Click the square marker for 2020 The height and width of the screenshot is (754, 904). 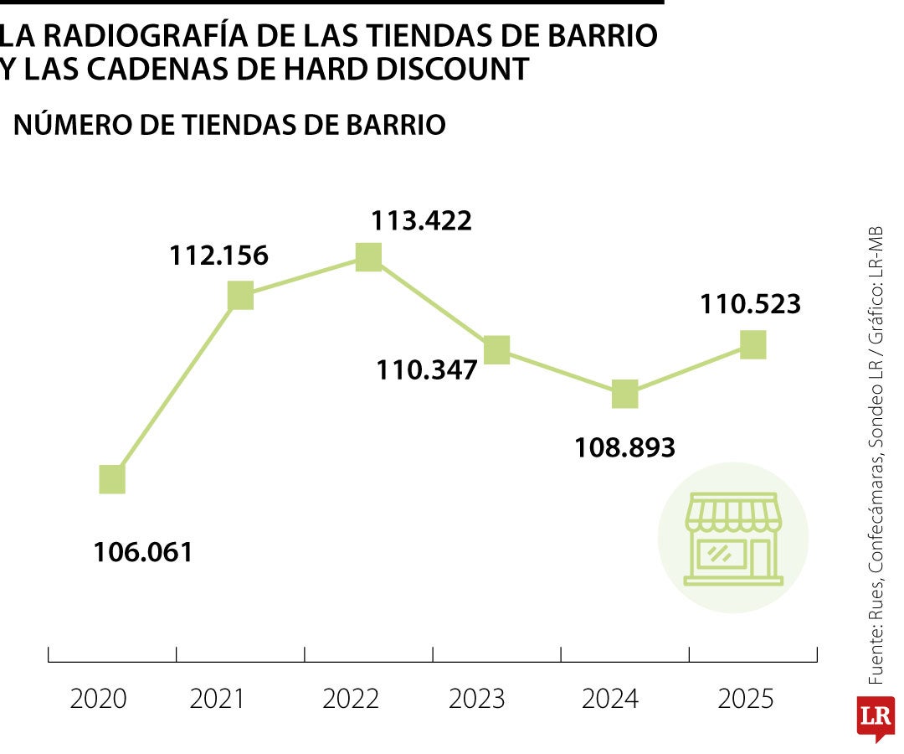(112, 479)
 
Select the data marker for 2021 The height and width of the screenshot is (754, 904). (240, 295)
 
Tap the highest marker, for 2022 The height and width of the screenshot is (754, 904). (368, 256)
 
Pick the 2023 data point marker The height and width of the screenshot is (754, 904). (496, 349)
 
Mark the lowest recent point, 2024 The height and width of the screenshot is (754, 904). (624, 394)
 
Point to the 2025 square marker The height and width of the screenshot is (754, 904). (753, 343)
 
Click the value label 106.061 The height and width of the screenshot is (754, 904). (143, 552)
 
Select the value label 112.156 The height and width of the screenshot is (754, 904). (218, 256)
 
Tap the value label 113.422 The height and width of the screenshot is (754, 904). (422, 220)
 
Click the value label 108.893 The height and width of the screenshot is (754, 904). (624, 447)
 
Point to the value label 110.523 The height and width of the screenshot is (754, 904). (752, 303)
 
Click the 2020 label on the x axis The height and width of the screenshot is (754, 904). (98, 699)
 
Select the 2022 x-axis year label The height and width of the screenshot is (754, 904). (351, 699)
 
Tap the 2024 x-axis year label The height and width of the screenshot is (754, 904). (609, 699)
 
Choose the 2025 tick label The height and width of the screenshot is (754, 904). (745, 699)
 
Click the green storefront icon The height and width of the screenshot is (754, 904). (733, 539)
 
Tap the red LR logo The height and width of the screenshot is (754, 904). (875, 718)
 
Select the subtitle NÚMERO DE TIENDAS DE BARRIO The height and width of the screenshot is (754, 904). (229, 125)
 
